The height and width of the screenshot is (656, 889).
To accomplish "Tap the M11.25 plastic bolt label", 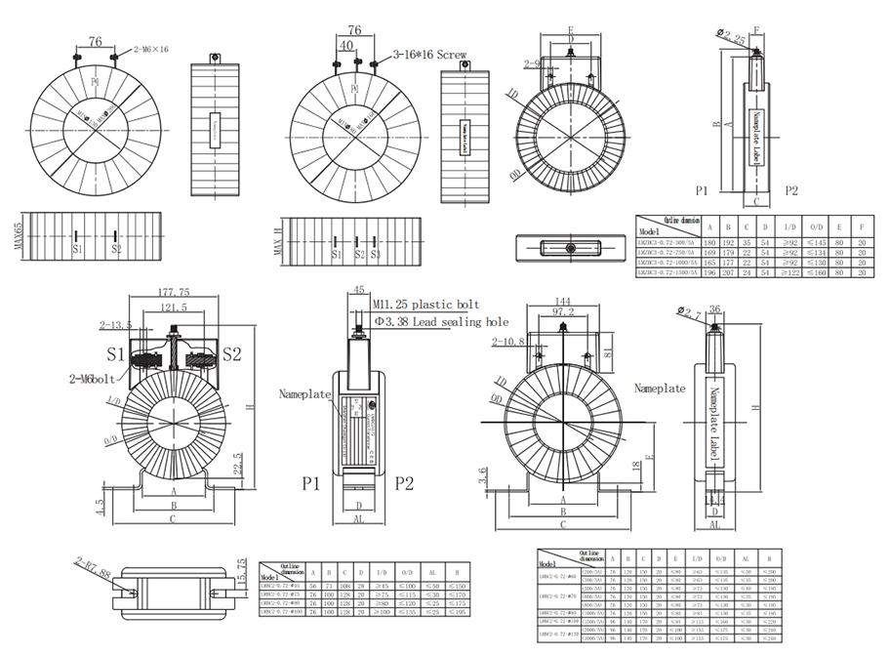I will tap(425, 305).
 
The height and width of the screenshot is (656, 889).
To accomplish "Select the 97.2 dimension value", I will tap(565, 311).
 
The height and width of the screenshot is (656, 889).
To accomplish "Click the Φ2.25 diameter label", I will tap(733, 37).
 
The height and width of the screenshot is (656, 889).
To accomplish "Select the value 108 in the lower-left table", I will tap(344, 585).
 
